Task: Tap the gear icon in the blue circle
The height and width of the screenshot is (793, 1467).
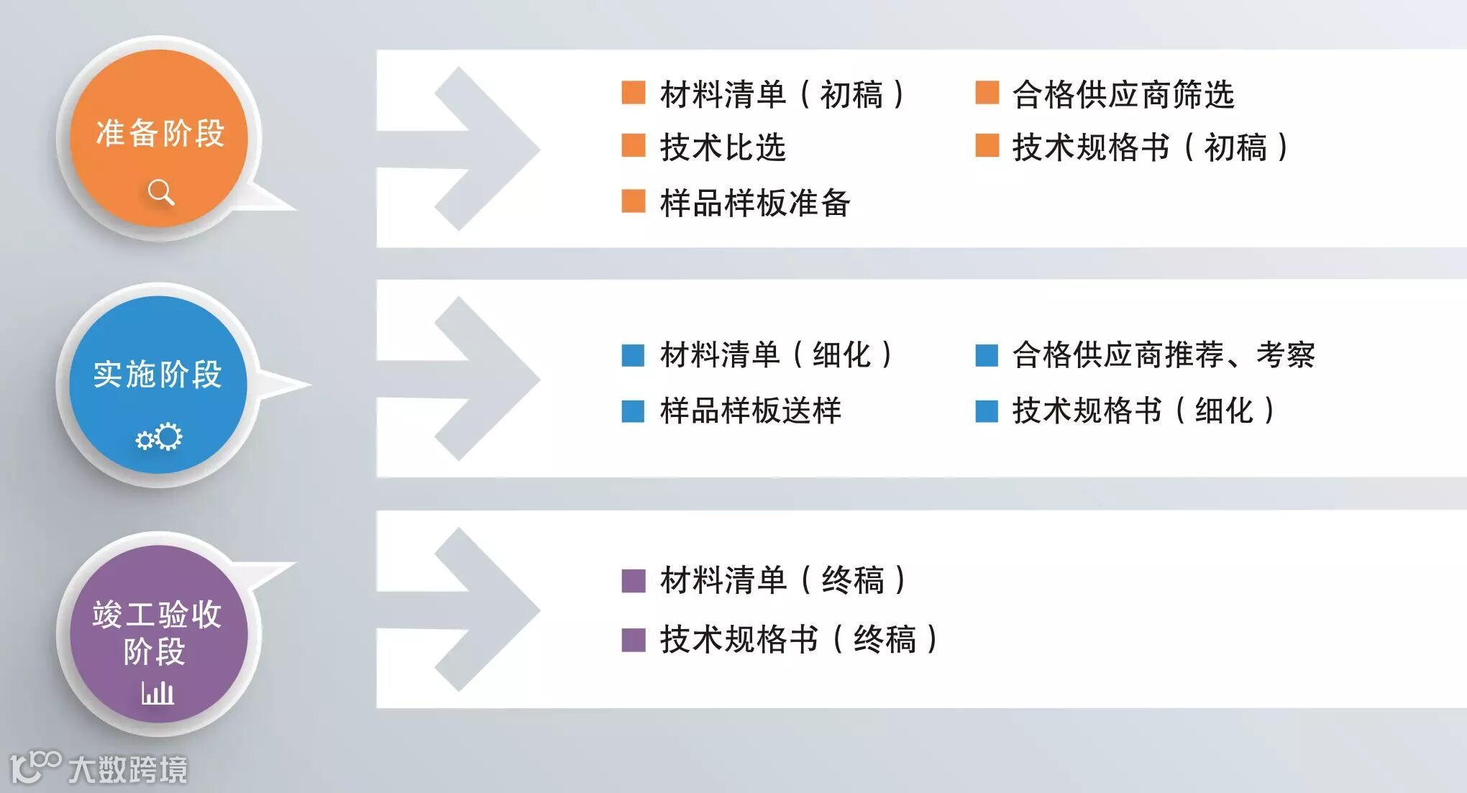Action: point(160,437)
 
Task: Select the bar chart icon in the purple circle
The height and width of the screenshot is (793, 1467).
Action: point(157,692)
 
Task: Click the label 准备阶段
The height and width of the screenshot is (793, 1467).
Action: point(160,134)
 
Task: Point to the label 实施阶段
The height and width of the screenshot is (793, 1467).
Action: point(157,375)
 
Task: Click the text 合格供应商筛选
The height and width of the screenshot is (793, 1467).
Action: point(1123,95)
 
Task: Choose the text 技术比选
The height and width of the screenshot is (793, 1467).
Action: point(723,148)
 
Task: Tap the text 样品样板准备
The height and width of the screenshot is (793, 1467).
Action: point(755,203)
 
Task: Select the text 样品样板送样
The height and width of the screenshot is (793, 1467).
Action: point(750,411)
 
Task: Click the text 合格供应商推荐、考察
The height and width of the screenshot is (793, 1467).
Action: point(1164,354)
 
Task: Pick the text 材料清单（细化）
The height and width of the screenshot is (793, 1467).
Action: point(777,354)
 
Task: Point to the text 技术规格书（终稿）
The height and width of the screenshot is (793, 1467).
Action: point(799,639)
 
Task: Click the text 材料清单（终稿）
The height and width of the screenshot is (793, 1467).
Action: point(783,580)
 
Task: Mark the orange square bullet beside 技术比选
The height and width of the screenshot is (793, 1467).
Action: point(633,145)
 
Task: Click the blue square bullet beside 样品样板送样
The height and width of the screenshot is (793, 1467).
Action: point(633,411)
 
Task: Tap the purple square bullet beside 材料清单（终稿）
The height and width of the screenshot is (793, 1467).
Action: point(633,580)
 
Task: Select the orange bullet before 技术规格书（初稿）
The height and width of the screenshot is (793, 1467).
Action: point(987,145)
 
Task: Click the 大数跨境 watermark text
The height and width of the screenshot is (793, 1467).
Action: point(128,769)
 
